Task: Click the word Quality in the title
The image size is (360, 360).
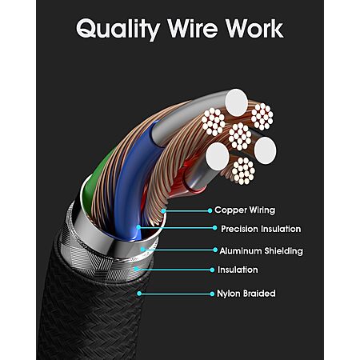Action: [x=118, y=29]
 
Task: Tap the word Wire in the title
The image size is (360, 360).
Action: [x=193, y=28]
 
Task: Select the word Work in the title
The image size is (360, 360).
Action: [x=254, y=28]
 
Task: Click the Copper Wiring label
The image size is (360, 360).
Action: [x=245, y=210]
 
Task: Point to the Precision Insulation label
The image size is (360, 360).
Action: [x=261, y=229]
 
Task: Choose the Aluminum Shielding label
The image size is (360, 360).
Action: [x=261, y=251]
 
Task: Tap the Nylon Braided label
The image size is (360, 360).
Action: [x=246, y=294]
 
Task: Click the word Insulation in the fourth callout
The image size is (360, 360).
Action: [x=238, y=270]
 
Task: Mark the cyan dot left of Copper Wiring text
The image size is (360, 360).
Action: [x=210, y=210]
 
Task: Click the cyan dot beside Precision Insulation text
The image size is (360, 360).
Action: [x=215, y=228]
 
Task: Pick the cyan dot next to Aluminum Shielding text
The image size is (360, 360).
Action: [x=215, y=250]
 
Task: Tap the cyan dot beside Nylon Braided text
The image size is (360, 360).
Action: [x=212, y=294]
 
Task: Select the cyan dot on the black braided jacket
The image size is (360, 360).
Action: [x=139, y=294]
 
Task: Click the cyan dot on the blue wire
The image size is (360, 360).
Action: [x=138, y=227]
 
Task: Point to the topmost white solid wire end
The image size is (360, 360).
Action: [x=237, y=102]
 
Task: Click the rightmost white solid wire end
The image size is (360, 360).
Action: [x=266, y=150]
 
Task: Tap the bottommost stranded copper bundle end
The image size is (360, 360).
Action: [x=243, y=171]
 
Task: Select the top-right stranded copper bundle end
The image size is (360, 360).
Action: [x=262, y=117]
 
